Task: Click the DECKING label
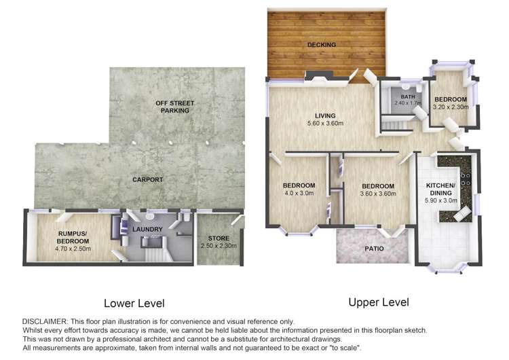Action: point(321,46)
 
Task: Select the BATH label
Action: point(407,97)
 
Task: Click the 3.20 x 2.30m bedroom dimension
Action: point(450,107)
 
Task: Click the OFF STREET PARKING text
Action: point(174,107)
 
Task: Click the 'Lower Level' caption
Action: point(134,303)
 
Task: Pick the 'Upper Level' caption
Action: point(379,302)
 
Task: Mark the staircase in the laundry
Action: point(155,253)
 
